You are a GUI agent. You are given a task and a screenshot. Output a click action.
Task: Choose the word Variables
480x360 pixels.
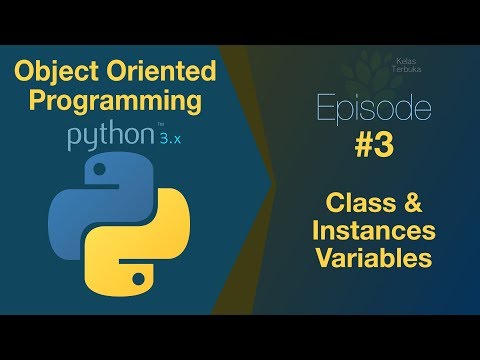[x=372, y=259]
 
